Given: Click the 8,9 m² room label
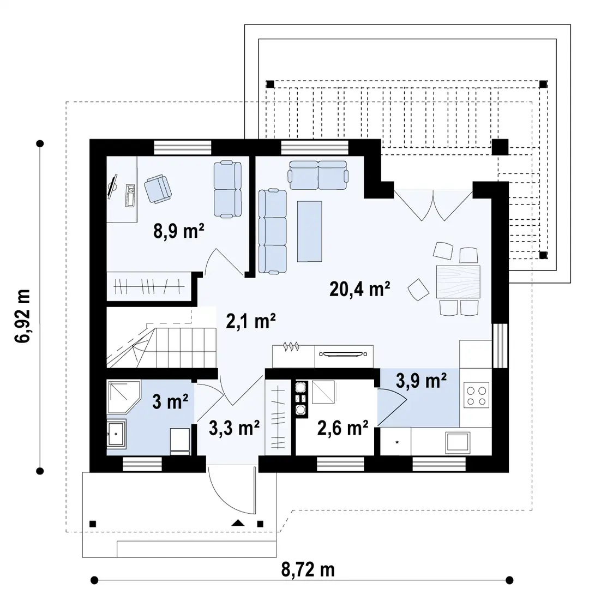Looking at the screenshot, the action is tap(179, 231).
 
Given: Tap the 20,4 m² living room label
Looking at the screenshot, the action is tap(359, 289).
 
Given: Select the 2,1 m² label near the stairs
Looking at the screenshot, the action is tap(251, 322).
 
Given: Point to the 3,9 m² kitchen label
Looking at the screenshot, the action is tap(421, 381).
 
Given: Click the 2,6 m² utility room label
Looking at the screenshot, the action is tap(342, 428).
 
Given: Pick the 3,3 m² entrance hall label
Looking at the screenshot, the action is tap(234, 428).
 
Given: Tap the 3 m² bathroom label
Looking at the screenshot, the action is tap(170, 402).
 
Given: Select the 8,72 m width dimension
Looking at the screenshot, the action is tap(308, 569).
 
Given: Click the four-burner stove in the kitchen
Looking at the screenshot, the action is tap(476, 395).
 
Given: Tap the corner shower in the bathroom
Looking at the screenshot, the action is tap(123, 398).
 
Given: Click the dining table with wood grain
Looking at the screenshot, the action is tap(458, 282).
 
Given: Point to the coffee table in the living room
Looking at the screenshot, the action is tap(310, 231).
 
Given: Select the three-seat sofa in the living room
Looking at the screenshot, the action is tap(273, 231).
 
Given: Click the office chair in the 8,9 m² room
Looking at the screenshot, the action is tap(158, 189).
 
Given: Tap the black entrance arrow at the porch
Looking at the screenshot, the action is tap(238, 523).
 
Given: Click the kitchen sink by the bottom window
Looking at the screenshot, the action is tap(458, 442).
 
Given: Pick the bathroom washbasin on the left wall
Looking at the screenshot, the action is tap(117, 434).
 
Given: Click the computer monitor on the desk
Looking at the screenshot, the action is tap(112, 187).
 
